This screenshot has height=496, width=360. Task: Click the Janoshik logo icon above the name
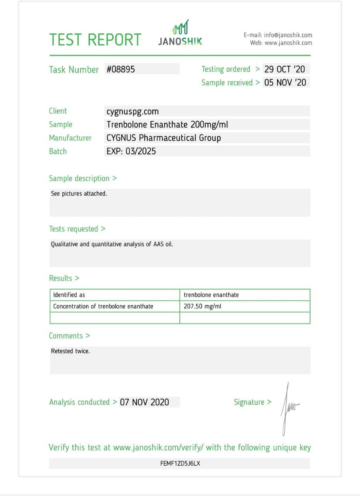(180, 28)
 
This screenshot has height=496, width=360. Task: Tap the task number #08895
(121, 69)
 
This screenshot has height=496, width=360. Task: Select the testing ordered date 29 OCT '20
(285, 69)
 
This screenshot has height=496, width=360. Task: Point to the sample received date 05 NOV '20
(285, 83)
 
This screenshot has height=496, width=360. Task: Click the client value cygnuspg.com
(133, 112)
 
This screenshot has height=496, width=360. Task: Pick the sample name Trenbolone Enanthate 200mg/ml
(167, 125)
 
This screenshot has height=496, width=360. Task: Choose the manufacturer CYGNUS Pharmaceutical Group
(164, 138)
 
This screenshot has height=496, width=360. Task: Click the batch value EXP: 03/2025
(131, 151)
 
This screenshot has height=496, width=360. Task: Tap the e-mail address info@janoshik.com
(288, 35)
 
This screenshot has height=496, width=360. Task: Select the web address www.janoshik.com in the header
(288, 43)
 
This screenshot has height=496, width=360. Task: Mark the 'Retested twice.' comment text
(71, 351)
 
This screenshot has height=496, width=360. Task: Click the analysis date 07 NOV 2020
(145, 402)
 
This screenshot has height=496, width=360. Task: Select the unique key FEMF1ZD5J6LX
(180, 463)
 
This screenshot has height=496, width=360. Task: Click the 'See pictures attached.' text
(79, 194)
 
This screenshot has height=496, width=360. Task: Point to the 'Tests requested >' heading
(77, 229)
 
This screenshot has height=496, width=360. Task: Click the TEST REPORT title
(95, 40)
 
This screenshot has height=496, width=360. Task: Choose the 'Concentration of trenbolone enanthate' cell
(103, 306)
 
